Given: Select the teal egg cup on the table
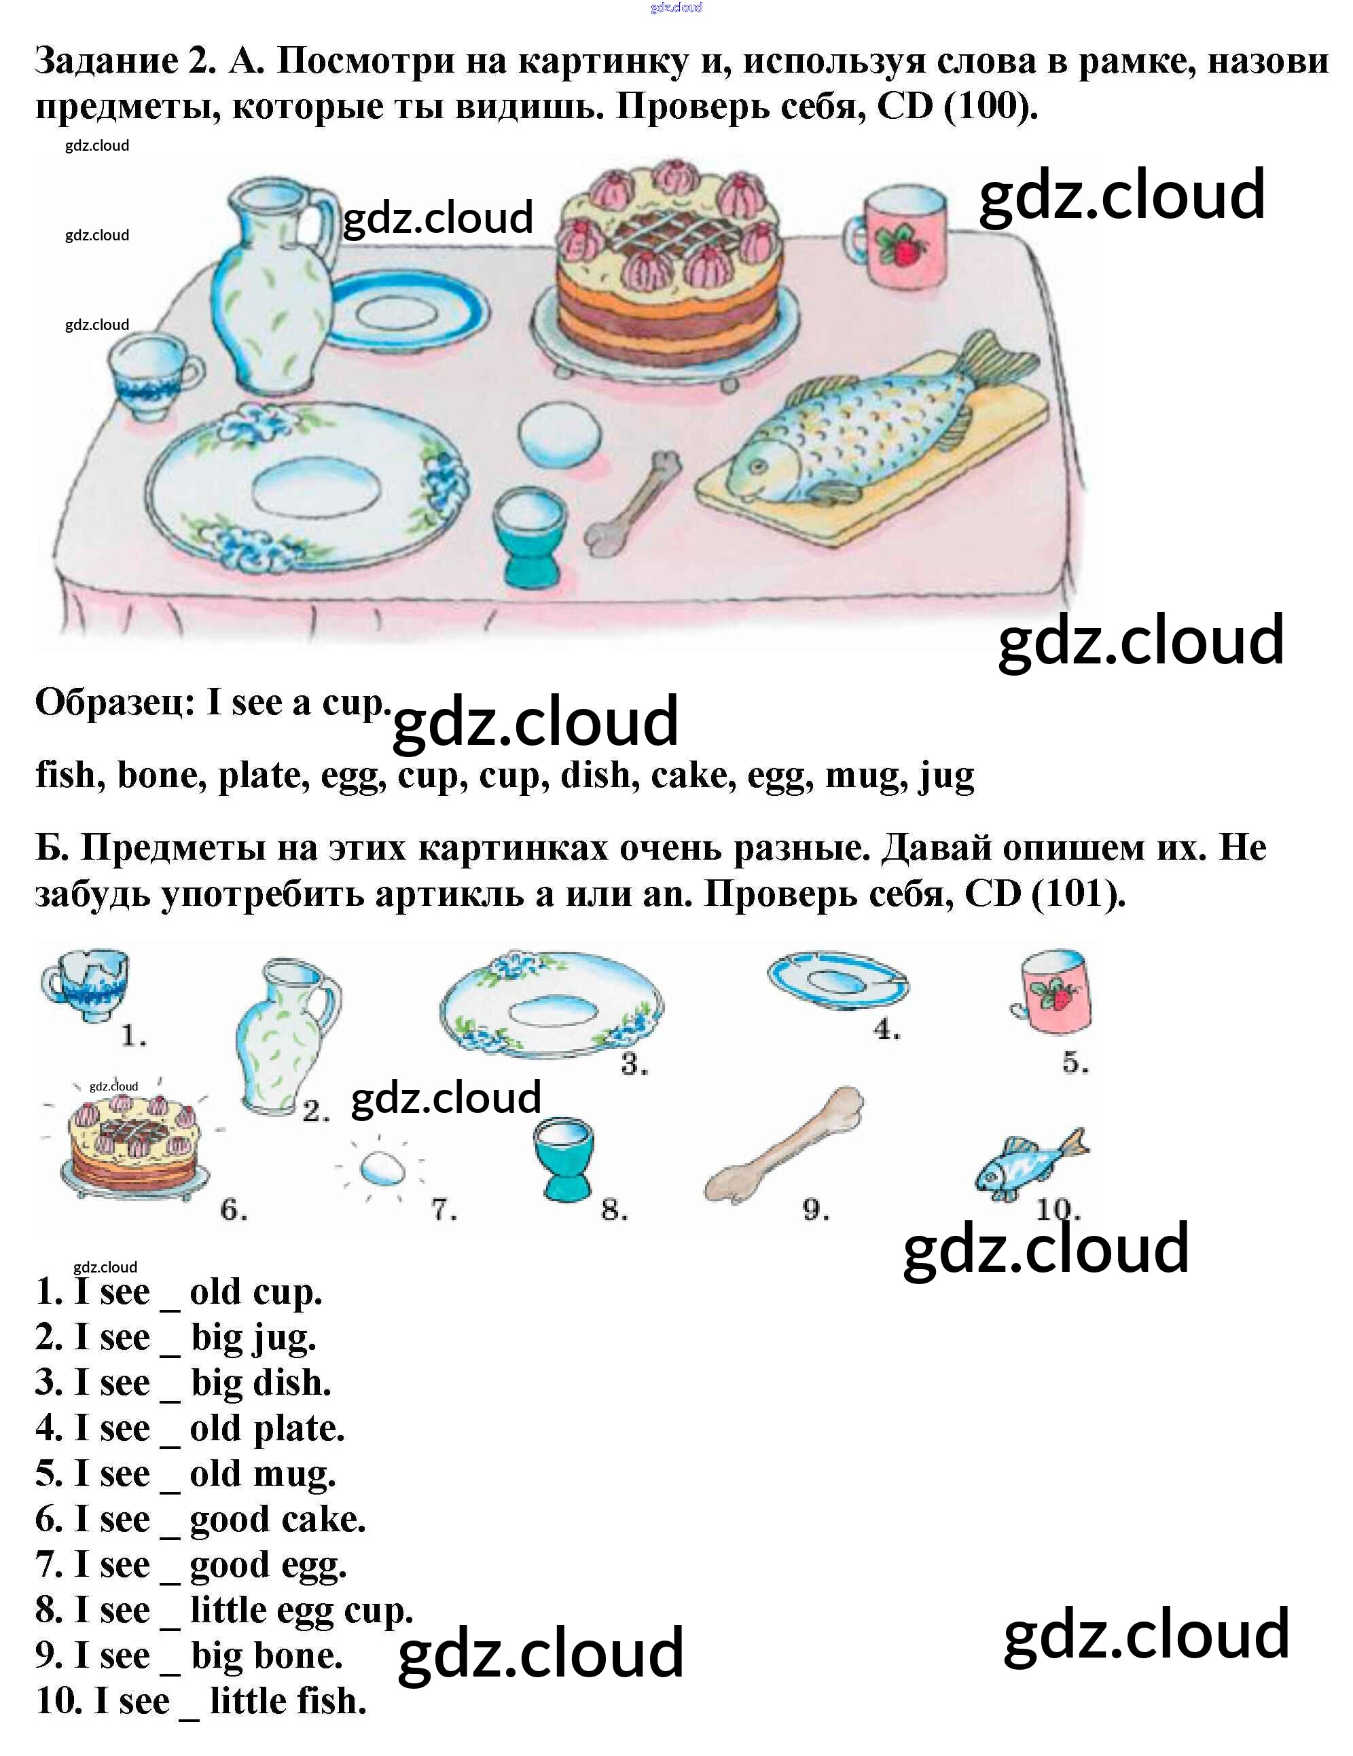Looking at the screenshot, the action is click(x=530, y=534).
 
